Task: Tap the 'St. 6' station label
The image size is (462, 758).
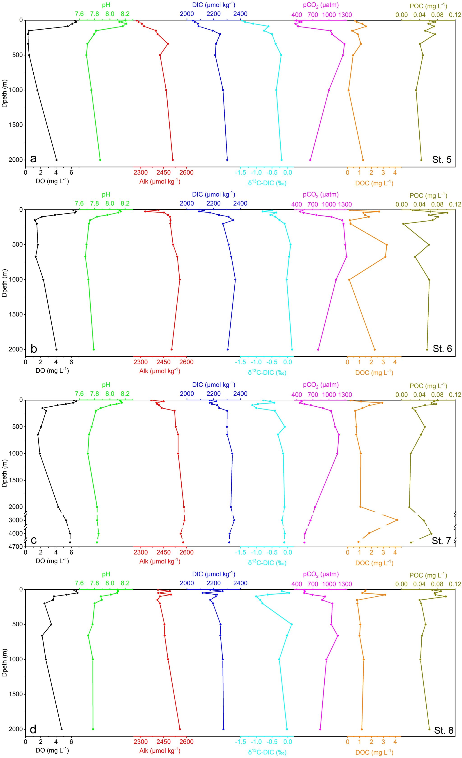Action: click(442, 348)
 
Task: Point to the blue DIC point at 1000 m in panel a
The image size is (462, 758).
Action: click(223, 90)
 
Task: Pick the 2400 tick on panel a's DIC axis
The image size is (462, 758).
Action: click(240, 14)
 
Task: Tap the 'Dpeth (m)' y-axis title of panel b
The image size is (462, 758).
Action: click(5, 279)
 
